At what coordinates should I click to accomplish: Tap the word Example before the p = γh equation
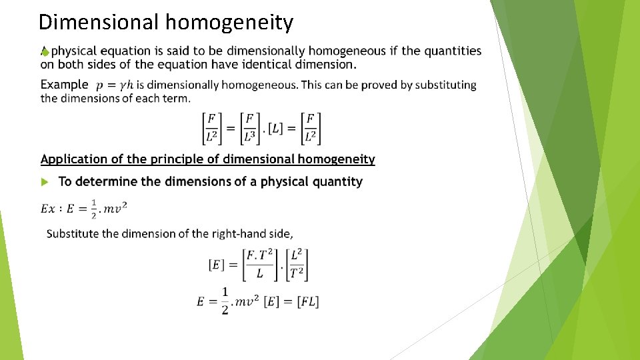tap(64, 85)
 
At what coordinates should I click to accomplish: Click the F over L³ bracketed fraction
tap(249, 128)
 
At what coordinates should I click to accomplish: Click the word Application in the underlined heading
tap(74, 159)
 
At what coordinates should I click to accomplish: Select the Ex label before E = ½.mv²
tap(48, 209)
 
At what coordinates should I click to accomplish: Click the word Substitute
tap(75, 233)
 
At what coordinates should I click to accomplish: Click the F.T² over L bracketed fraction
tap(259, 264)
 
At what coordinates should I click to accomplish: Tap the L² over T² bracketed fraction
tap(297, 264)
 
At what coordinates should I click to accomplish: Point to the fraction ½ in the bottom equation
tap(225, 301)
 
